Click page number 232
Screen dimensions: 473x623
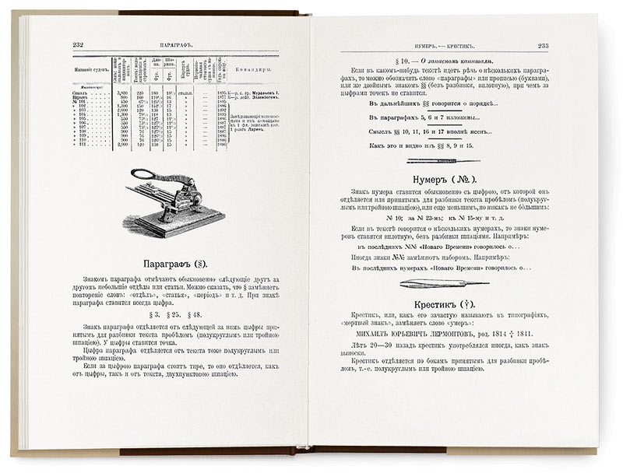click(x=77, y=45)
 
